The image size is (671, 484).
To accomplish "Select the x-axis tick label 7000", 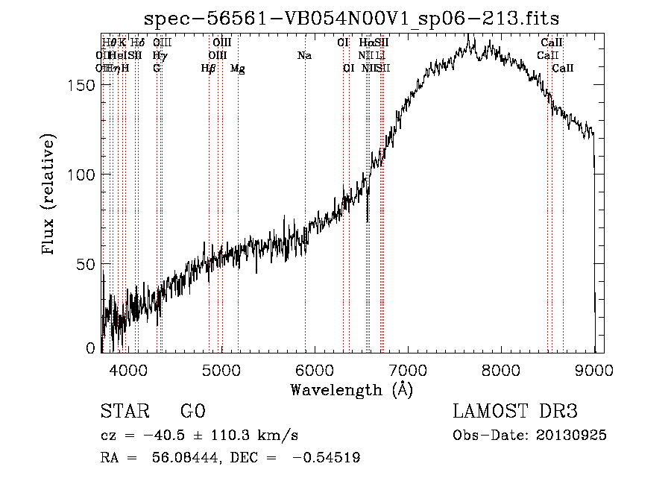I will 408,369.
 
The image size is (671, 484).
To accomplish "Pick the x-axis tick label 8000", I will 501,369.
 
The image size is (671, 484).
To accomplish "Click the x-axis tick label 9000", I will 594,369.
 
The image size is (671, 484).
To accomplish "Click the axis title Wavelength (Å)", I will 351,389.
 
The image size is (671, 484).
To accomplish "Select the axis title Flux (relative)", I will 50,196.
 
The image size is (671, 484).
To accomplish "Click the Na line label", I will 304,55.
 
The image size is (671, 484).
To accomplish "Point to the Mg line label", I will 237,69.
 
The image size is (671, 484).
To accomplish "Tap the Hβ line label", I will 208,69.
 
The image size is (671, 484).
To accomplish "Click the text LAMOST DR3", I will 515,412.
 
